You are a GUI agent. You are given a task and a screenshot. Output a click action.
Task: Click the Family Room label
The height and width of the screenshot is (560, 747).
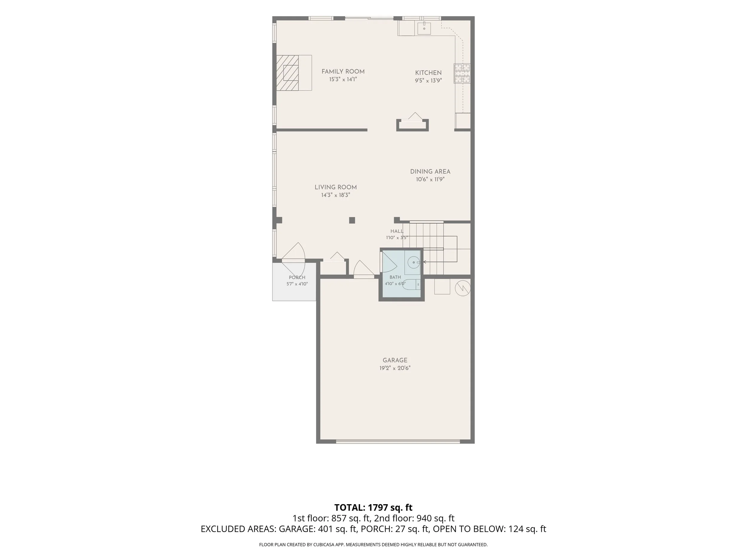343,72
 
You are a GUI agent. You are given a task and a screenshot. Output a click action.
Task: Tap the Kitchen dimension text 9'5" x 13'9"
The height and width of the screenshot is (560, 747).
428,81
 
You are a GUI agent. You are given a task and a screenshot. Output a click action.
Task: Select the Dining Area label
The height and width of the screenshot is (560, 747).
430,171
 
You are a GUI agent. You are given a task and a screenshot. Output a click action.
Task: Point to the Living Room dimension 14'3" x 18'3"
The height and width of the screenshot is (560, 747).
336,195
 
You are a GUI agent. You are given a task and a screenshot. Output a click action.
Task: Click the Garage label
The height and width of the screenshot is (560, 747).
395,360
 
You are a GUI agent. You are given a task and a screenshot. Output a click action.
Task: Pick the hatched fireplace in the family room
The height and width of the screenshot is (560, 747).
288,73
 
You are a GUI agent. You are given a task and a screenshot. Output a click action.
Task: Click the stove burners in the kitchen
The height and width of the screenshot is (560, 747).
462,73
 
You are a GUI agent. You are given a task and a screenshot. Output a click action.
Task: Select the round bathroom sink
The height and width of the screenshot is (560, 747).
413,262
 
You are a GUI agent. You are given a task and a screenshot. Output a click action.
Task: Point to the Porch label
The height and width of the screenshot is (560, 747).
297,277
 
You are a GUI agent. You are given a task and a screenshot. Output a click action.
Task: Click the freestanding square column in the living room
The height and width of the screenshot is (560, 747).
352,220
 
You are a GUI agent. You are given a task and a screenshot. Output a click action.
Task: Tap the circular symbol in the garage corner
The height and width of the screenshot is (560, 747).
463,287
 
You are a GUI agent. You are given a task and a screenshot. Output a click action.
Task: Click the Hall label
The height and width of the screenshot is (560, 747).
397,231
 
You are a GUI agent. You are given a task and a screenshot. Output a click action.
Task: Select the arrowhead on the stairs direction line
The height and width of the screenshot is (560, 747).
425,262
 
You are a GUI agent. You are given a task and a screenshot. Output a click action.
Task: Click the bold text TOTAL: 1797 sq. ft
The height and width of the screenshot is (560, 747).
373,507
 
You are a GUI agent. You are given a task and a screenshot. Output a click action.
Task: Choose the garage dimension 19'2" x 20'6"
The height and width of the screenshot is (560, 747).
395,368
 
